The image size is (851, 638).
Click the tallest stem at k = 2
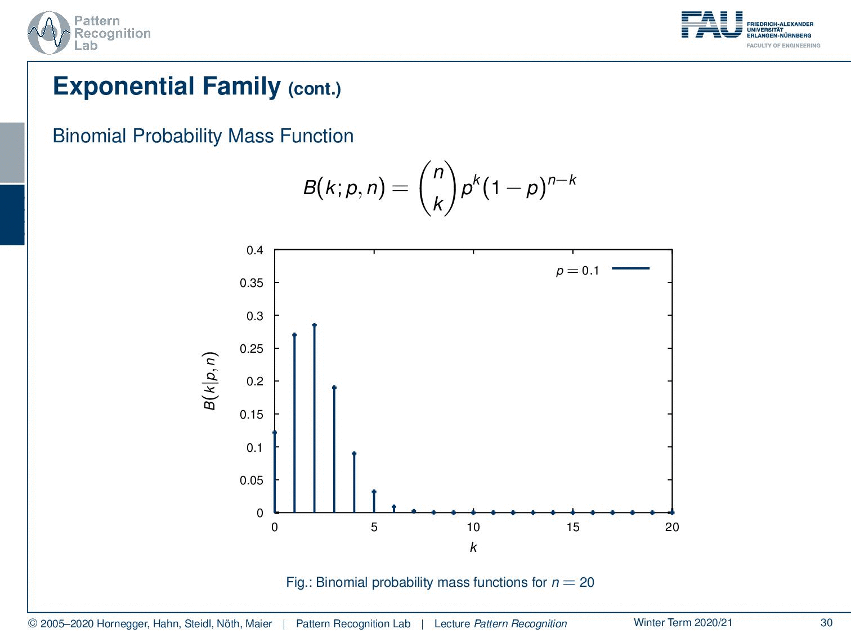(x=314, y=419)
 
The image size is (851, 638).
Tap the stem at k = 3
(x=334, y=450)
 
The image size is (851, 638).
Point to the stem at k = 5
(x=374, y=501)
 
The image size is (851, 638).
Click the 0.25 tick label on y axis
(x=252, y=349)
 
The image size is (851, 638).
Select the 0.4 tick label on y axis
(x=255, y=250)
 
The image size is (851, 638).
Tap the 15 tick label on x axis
(x=572, y=527)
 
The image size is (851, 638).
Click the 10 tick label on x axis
(x=473, y=527)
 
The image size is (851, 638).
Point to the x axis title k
(x=473, y=547)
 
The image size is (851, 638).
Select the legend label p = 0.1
(x=577, y=271)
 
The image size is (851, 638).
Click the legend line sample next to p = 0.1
(x=630, y=268)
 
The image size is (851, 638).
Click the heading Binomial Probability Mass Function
(x=203, y=136)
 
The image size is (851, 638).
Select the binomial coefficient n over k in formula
(x=438, y=188)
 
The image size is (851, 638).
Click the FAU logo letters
(x=711, y=25)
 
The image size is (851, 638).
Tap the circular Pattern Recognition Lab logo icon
(x=49, y=33)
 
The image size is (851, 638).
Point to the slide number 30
(x=826, y=622)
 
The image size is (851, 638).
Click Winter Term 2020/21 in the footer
(x=683, y=622)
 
